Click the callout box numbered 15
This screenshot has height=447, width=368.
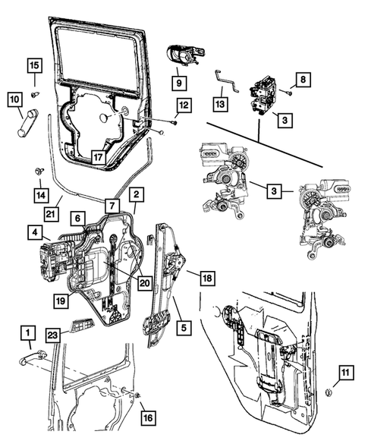pyautogui.click(x=35, y=65)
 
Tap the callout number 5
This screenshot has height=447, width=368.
pyautogui.click(x=184, y=328)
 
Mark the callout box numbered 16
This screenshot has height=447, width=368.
pyautogui.click(x=146, y=417)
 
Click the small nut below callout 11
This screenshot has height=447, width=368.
pyautogui.click(x=328, y=392)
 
